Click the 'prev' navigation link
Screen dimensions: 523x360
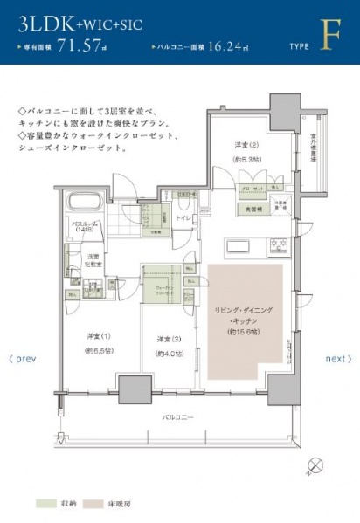(23, 359)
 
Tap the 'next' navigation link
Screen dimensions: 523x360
(337, 359)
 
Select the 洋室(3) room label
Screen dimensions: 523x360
(168, 339)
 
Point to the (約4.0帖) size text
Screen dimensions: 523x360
(168, 353)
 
